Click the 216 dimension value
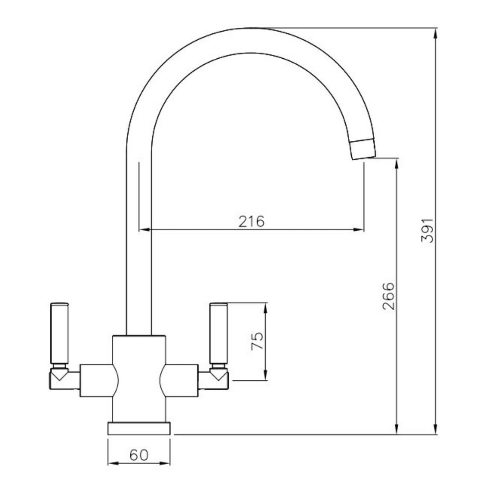tap(252, 221)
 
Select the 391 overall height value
tap(427, 231)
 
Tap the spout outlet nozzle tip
tap(364, 150)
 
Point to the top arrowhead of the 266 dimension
tap(397, 163)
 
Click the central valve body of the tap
tap(139, 378)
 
